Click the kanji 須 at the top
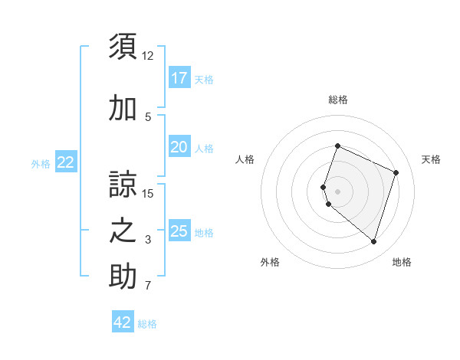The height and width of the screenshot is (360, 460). coord(123,46)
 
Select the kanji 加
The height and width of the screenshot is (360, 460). coord(123,109)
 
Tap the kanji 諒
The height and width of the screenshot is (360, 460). coord(123,184)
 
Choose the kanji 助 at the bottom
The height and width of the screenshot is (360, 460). coord(123,277)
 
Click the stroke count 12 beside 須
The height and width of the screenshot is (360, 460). coord(148,55)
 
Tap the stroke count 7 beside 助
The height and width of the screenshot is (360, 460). coord(148,286)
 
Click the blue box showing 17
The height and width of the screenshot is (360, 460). coord(179,77)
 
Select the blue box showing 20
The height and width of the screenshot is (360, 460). coord(179,147)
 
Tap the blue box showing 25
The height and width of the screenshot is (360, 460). coord(179,231)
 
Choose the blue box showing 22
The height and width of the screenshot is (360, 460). coord(66,162)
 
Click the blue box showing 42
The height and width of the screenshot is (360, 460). coord(123,322)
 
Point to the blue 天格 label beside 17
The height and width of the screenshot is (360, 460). coord(204,79)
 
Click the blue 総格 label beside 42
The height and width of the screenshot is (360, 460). coord(147,324)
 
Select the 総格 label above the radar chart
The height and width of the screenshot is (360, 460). coord(337,100)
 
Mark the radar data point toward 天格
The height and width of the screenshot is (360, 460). coord(396,172)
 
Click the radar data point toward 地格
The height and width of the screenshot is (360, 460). coord(373,242)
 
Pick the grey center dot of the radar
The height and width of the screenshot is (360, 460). coord(337,191)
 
